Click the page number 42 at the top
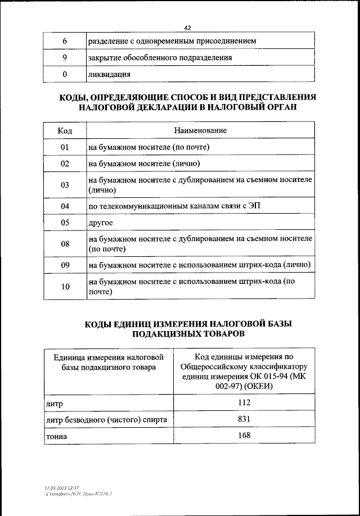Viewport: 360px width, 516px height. pos(187,27)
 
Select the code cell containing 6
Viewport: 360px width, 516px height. pos(65,41)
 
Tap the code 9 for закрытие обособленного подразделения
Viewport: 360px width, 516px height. pos(65,57)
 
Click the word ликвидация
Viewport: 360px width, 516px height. pos(109,74)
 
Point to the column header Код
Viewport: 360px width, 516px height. pos(65,130)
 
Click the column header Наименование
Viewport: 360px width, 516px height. pos(200,130)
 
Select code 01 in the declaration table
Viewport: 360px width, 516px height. pos(65,147)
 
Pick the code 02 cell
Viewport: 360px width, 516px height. pos(65,164)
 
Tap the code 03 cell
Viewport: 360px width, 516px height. pos(65,185)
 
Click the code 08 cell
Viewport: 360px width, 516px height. pos(65,244)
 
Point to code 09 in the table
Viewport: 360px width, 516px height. pos(65,265)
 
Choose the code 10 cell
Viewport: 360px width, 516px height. pos(65,287)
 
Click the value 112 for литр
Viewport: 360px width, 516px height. pos(244,403)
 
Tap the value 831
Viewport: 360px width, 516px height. pos(244,419)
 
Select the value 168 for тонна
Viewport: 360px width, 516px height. pos(244,435)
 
